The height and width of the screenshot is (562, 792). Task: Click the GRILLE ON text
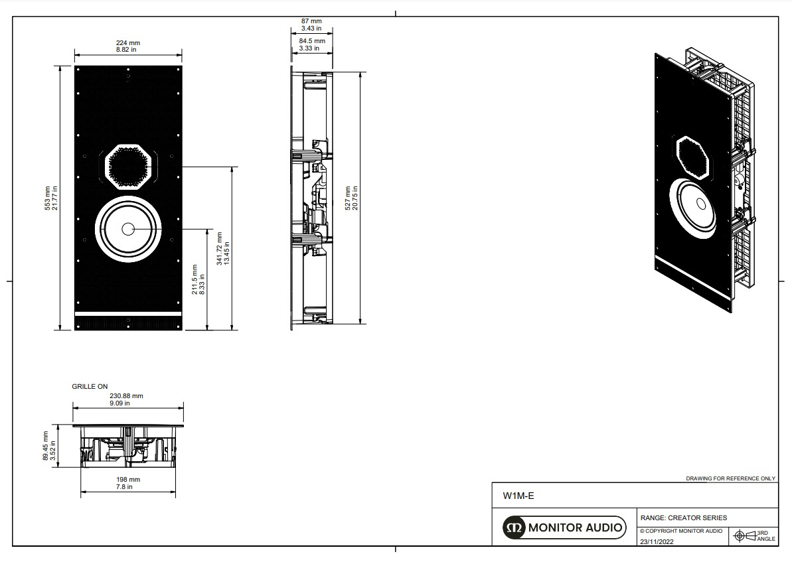(90, 386)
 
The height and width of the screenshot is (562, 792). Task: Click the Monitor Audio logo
(564, 527)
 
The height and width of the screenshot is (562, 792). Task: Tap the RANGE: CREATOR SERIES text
(683, 518)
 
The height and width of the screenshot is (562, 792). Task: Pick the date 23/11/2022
(657, 541)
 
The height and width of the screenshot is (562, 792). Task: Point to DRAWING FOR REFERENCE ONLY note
(730, 478)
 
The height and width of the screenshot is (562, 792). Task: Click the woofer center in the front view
(127, 228)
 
